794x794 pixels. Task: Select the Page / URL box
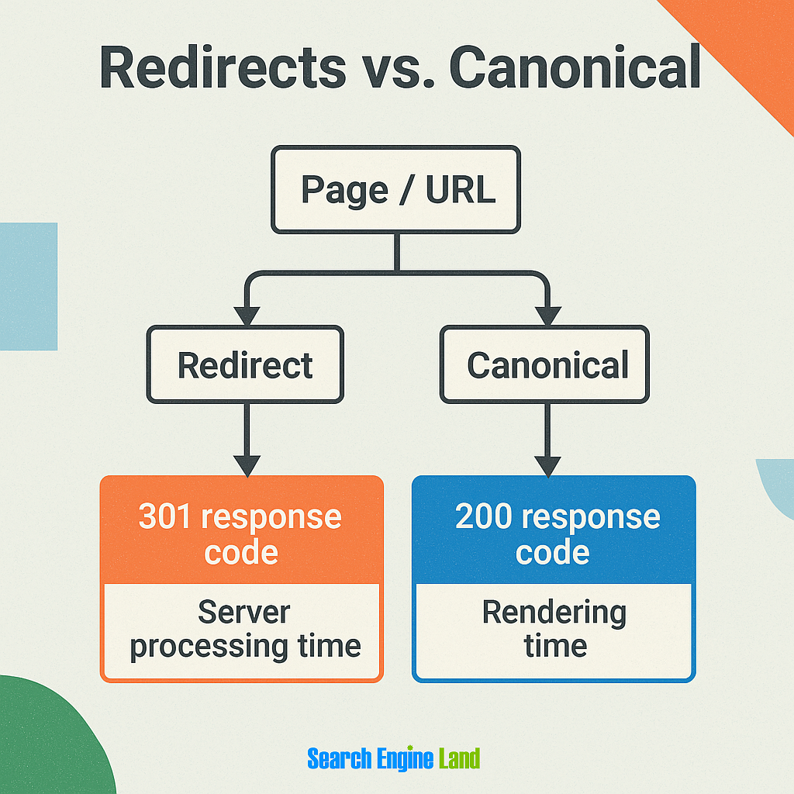395,189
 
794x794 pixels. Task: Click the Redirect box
245,364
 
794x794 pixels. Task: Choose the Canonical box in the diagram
546,364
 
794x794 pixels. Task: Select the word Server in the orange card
243,612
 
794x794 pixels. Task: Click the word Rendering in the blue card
554,612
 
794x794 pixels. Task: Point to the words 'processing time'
245,645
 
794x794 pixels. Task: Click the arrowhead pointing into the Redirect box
247,316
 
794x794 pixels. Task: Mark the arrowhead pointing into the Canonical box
547,316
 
